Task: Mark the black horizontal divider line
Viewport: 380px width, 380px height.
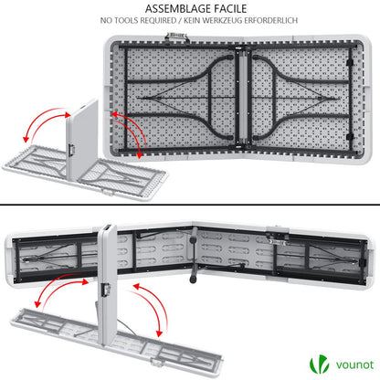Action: click(x=190, y=206)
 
